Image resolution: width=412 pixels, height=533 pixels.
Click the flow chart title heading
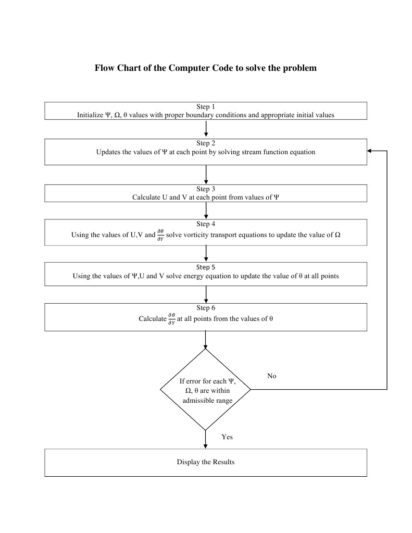click(206, 68)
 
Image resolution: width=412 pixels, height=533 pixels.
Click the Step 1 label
click(206, 107)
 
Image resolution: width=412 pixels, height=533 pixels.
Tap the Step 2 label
click(206, 143)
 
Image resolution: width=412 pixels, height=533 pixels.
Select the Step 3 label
click(206, 189)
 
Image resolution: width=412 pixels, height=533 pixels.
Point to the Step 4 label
click(206, 224)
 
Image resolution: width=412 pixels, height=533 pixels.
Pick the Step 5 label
click(206, 267)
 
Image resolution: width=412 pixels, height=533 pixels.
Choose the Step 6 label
click(206, 308)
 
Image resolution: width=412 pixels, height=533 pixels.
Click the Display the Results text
click(206, 462)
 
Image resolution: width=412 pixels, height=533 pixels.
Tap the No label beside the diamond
click(271, 376)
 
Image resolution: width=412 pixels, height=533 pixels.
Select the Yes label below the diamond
click(227, 437)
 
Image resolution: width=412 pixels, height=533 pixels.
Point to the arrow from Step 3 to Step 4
click(206, 210)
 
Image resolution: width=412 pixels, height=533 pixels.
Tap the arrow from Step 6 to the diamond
click(206, 340)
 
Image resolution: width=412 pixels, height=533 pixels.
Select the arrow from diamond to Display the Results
click(206, 439)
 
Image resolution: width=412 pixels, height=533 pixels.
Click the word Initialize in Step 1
click(90, 115)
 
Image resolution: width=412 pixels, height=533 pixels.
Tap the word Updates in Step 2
click(108, 152)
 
